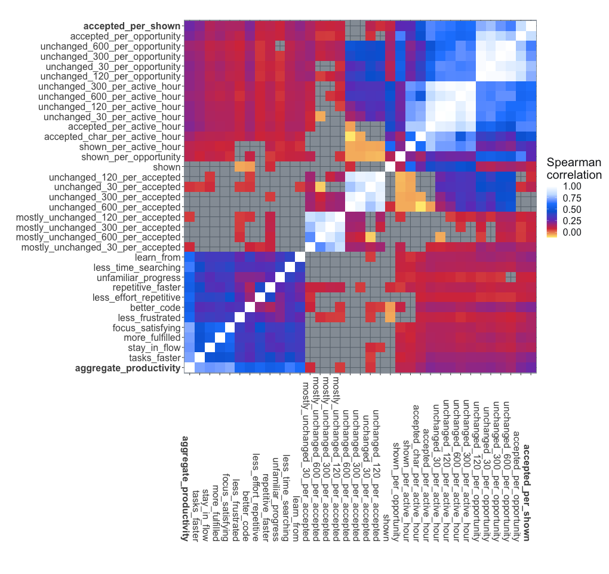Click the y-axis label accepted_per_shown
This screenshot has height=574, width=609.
131,26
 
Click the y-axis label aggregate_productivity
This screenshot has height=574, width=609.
127,368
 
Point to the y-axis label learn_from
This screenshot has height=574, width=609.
156,257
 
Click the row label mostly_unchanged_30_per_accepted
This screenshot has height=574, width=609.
100,247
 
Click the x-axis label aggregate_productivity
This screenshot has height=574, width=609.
185,490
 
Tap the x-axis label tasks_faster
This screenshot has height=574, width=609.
195,515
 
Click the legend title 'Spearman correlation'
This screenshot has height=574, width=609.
574,169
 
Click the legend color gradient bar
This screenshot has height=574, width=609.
553,209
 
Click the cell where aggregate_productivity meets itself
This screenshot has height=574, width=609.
190,368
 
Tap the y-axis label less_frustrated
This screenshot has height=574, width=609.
149,317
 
